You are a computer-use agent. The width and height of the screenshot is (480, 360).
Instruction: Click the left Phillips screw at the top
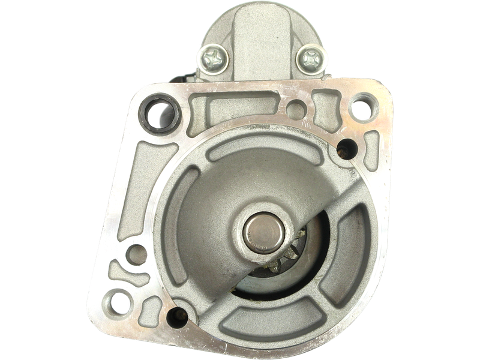click(x=215, y=58)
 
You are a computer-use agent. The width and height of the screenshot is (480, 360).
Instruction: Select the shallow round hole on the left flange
click(x=138, y=252)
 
